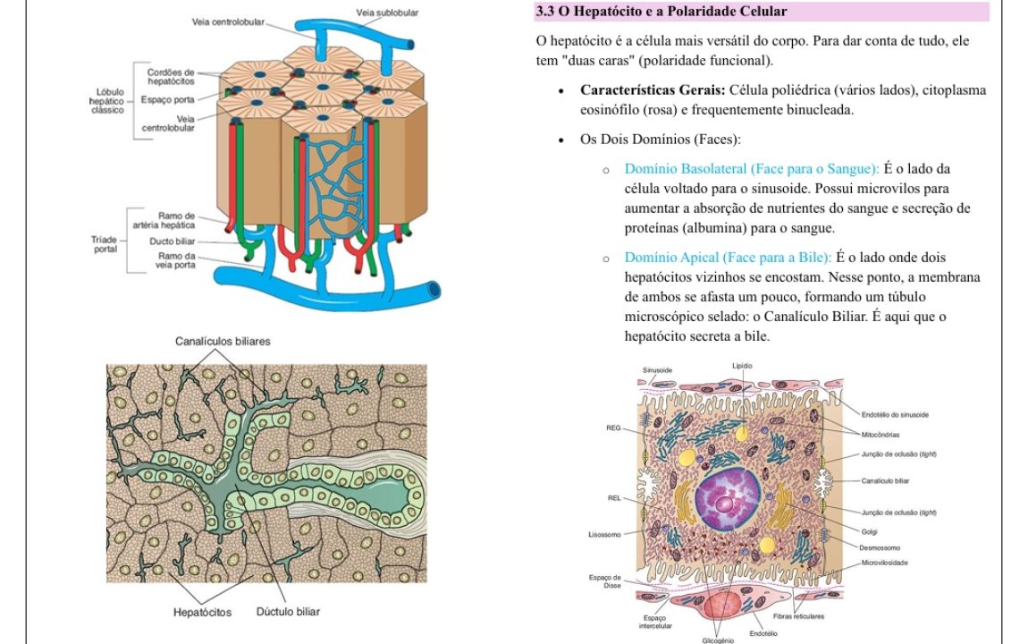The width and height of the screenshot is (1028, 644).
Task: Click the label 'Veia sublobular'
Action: [387, 13]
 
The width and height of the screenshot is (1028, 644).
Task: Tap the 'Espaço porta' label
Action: [167, 99]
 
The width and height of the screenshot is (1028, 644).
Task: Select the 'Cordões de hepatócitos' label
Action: [171, 77]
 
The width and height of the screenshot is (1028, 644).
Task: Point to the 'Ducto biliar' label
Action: [172, 241]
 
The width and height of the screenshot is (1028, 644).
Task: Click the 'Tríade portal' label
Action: [105, 244]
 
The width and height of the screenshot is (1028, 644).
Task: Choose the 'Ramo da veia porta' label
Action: [176, 260]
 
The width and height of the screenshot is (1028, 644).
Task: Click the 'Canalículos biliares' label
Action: [223, 341]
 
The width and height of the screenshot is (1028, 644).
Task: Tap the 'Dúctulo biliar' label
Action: [288, 611]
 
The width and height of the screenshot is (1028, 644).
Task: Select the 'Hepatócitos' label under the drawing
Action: [202, 612]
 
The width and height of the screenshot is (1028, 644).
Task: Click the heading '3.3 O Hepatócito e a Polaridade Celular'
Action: [661, 11]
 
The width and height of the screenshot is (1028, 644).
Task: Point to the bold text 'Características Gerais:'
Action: [653, 89]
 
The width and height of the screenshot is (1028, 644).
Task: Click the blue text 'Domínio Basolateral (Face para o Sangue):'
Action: [751, 168]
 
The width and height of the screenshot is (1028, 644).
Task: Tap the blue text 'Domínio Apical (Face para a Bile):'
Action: [728, 257]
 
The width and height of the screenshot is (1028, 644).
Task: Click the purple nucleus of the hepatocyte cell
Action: [728, 499]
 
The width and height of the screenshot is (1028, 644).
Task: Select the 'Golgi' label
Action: [870, 532]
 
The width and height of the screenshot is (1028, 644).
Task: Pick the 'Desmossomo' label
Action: [880, 547]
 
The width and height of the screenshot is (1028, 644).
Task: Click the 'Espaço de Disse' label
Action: [604, 581]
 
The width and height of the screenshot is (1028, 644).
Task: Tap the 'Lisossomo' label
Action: [604, 535]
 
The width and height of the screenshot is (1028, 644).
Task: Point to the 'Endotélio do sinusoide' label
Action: [895, 414]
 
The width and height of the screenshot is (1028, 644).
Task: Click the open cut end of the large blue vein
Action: [434, 289]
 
